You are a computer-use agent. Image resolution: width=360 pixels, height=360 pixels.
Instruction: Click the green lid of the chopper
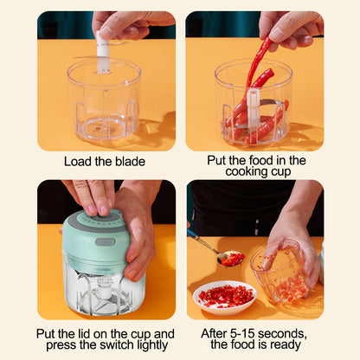[95, 238]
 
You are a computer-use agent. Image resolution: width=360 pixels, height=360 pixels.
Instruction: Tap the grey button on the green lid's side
[104, 241]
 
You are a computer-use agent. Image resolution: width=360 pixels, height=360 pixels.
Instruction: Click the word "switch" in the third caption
[119, 345]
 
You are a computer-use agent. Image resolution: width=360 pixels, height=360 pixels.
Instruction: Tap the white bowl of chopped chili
[225, 297]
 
